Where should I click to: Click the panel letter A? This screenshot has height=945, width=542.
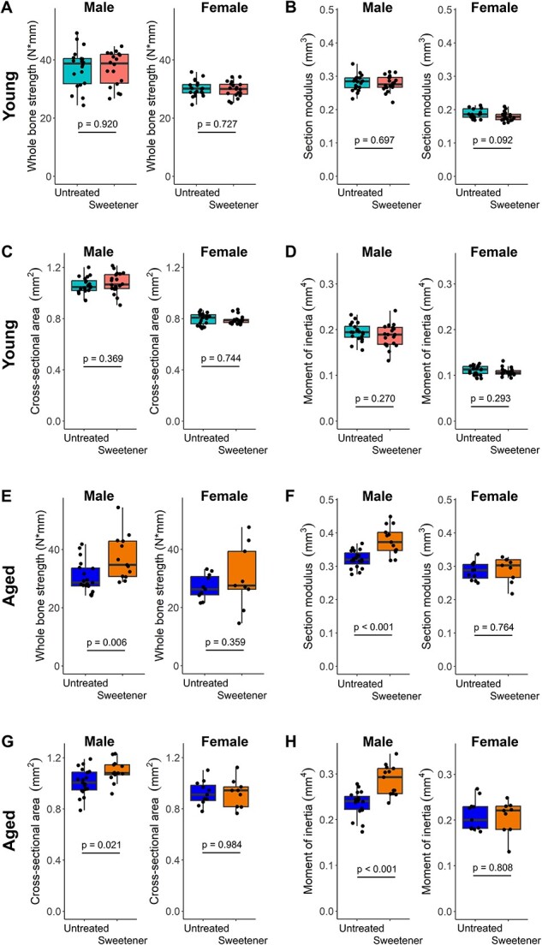coord(9,8)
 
